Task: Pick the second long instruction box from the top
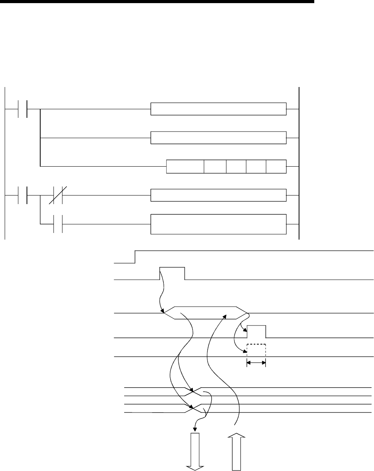coord(218,138)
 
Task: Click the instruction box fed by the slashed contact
coord(218,195)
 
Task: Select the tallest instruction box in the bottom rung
coord(218,224)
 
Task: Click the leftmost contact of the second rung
coord(23,195)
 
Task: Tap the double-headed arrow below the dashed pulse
coord(256,363)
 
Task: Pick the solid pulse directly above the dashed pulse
coord(256,331)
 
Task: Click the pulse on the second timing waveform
coord(172,274)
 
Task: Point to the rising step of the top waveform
coord(135,257)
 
